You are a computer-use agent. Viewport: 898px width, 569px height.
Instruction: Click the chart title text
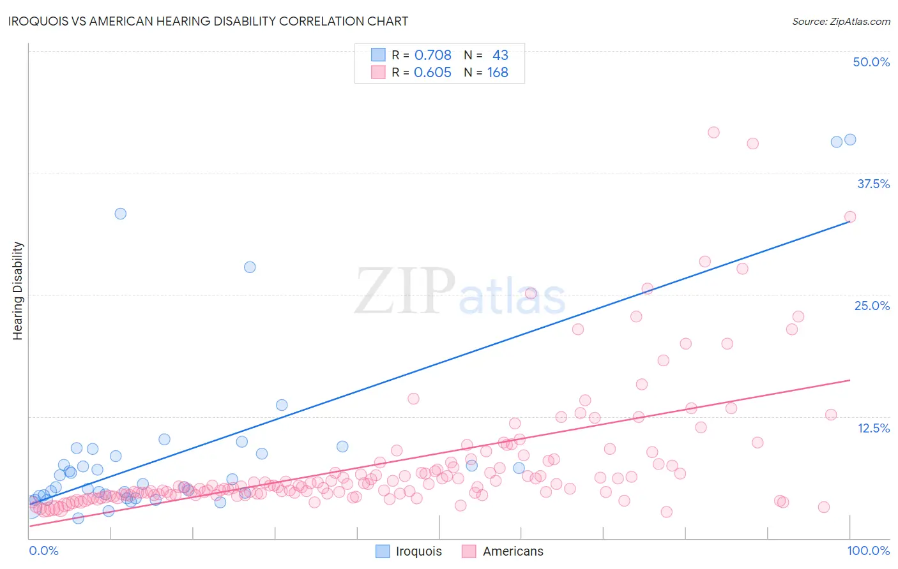208,21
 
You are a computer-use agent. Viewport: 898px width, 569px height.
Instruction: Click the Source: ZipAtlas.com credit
841,21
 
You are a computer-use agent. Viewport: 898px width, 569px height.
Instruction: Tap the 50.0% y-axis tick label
871,62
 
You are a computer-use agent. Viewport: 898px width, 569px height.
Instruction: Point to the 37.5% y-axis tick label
873,184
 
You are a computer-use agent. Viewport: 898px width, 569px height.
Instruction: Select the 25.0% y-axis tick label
872,306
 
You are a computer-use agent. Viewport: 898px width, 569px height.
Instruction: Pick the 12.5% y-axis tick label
873,428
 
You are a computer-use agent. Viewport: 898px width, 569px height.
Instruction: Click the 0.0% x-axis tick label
43,551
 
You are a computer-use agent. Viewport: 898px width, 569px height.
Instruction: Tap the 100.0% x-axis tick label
869,551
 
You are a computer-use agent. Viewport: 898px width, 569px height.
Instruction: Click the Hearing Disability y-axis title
17,291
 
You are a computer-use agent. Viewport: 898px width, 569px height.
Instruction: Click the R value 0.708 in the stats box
432,55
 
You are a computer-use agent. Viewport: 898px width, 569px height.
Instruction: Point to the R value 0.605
432,72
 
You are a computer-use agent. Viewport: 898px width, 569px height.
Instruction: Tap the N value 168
498,72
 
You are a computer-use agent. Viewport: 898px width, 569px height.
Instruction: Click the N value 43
500,55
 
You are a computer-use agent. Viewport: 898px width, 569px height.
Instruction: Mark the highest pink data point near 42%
713,132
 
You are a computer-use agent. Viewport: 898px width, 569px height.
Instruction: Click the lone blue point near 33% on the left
120,214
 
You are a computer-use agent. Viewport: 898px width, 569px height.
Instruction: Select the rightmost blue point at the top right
850,140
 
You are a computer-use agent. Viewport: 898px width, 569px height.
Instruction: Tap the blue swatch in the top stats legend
378,55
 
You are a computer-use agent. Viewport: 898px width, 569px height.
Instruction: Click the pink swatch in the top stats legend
378,72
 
